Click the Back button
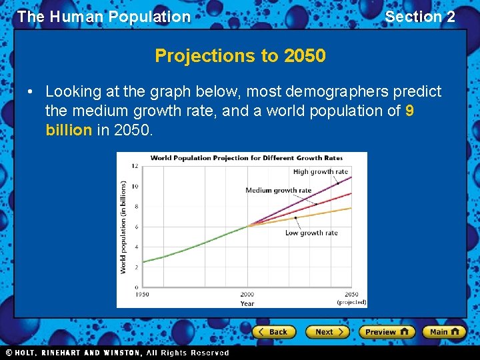(x=273, y=332)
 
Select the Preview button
(x=386, y=332)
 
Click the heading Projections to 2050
(x=240, y=56)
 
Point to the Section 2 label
(x=420, y=17)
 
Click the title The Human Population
(x=104, y=17)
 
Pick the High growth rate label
(x=321, y=172)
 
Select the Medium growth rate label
(x=278, y=190)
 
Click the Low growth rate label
(x=311, y=233)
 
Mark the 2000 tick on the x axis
(x=247, y=294)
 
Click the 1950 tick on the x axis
(x=143, y=294)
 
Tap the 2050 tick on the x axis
(x=351, y=294)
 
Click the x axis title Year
(x=247, y=303)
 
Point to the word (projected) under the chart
(x=351, y=302)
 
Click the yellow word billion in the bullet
(x=69, y=129)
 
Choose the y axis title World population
(x=123, y=227)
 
